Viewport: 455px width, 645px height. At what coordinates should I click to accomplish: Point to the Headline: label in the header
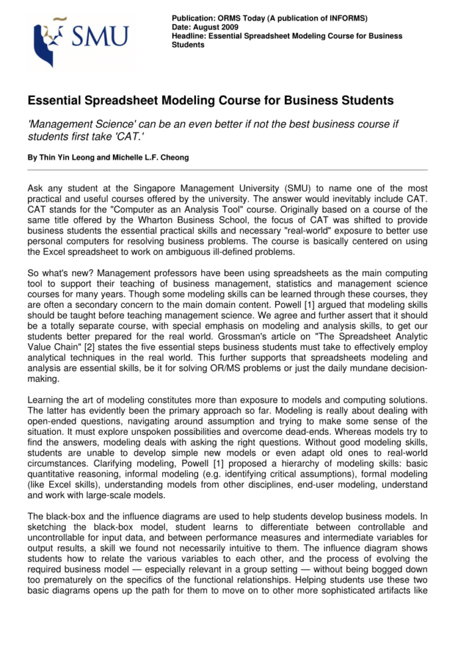[x=189, y=36]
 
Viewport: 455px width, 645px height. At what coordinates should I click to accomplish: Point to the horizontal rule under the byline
[x=227, y=171]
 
